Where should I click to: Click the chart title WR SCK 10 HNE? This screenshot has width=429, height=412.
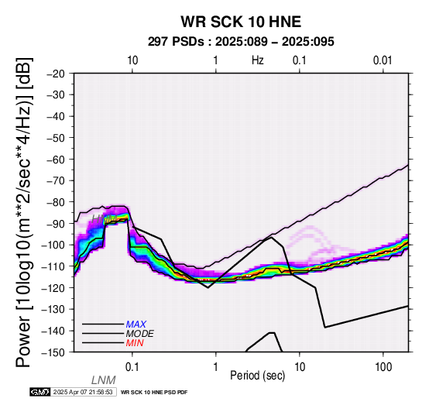[x=241, y=22]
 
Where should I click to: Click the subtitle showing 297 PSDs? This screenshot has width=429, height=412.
[x=241, y=42]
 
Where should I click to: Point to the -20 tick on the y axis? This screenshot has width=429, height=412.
[x=56, y=74]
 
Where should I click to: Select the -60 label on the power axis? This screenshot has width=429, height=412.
[x=56, y=159]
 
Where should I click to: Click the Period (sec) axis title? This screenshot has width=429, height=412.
[x=257, y=376]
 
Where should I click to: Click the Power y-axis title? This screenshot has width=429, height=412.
[x=24, y=212]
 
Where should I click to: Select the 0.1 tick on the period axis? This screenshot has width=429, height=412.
[x=132, y=367]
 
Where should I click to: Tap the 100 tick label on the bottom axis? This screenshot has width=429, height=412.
[x=383, y=367]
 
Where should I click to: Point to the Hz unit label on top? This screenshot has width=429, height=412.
[x=257, y=60]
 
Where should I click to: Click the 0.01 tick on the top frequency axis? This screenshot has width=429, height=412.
[x=383, y=60]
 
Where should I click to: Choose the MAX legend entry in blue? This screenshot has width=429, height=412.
[x=136, y=324]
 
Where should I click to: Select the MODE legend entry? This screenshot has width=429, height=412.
[x=140, y=334]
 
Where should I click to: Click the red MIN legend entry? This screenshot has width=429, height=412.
[x=135, y=343]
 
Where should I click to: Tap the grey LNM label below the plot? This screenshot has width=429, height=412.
[x=104, y=380]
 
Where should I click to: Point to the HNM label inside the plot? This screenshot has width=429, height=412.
[x=105, y=218]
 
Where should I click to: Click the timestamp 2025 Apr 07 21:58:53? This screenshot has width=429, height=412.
[x=83, y=392]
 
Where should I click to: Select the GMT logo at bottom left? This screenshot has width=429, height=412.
[x=40, y=392]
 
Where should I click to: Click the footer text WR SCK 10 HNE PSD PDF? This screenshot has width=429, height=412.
[x=154, y=393]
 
